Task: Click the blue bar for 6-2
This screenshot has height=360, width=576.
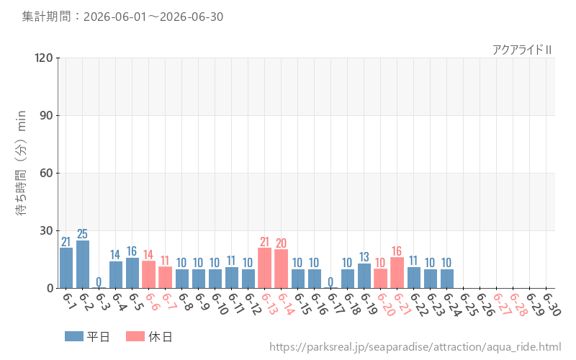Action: click(x=83, y=264)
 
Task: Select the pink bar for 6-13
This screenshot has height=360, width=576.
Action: click(x=264, y=268)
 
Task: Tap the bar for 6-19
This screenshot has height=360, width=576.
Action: click(x=364, y=276)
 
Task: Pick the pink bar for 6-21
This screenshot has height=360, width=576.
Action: click(x=397, y=273)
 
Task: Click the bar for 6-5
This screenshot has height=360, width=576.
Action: click(x=132, y=273)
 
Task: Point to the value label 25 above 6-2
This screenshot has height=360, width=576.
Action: click(x=82, y=234)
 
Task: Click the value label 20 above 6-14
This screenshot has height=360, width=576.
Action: click(x=281, y=243)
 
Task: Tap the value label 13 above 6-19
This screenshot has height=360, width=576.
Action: click(x=364, y=257)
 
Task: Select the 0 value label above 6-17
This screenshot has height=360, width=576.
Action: click(x=330, y=282)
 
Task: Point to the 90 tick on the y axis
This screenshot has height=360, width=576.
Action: click(x=46, y=115)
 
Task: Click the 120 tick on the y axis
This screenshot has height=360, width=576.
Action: click(x=44, y=58)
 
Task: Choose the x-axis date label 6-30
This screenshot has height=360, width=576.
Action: click(x=552, y=304)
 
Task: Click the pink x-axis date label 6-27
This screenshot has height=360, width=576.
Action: click(x=502, y=304)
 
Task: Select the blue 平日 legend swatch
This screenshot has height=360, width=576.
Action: click(x=74, y=336)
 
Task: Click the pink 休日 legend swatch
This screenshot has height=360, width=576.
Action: click(x=135, y=336)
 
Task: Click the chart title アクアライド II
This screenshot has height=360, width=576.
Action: click(x=522, y=50)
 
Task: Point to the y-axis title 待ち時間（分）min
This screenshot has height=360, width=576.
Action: click(x=22, y=163)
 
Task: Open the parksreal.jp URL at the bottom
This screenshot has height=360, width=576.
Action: click(x=415, y=347)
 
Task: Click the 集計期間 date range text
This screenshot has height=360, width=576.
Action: click(x=122, y=17)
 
